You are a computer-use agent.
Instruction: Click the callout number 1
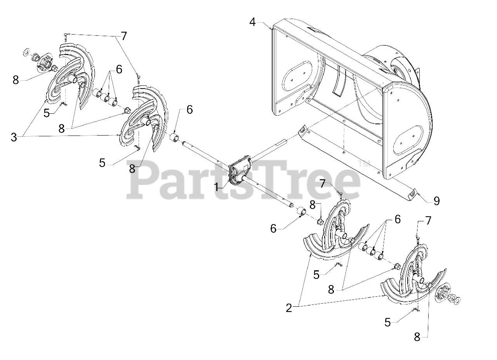tap(216, 187)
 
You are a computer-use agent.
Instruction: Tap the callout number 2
tap(288, 308)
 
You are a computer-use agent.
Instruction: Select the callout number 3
tap(14, 137)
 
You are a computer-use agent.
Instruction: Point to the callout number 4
tap(253, 22)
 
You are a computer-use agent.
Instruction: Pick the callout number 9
tap(436, 201)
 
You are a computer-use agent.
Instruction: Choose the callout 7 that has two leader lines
tap(123, 36)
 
